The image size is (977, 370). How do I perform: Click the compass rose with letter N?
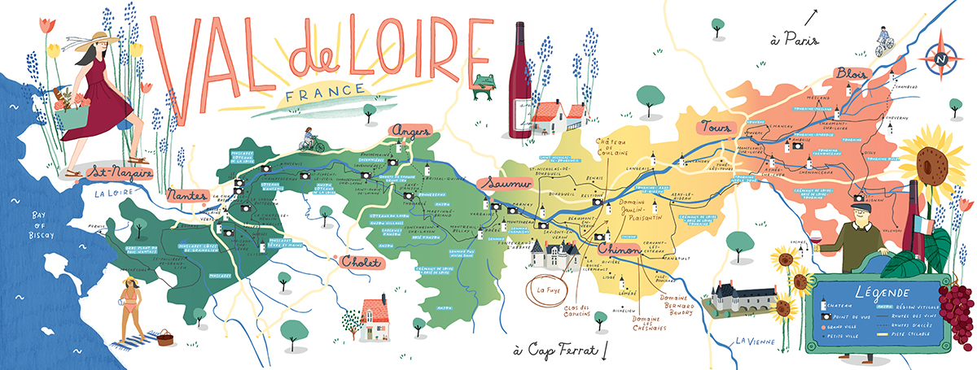tap(940, 58)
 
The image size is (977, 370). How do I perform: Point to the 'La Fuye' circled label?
tap(544, 288)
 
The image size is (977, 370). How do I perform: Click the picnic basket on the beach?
tap(166, 337)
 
